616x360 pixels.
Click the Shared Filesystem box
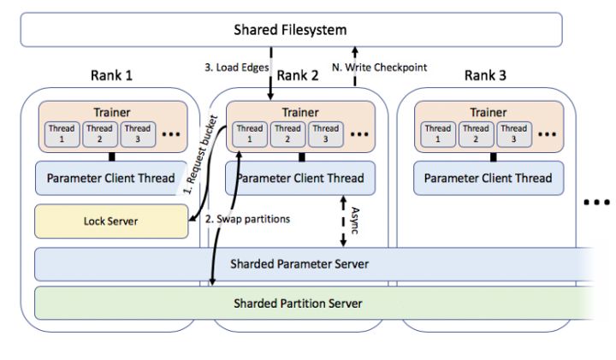coord(291,31)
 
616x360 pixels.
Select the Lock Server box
coord(111,221)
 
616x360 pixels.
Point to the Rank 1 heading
coord(111,75)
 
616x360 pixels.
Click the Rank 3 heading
coord(486,75)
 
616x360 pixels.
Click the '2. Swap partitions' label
coord(248,218)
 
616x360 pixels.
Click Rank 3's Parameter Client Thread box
coord(488,178)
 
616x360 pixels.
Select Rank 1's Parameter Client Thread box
coord(111,178)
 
